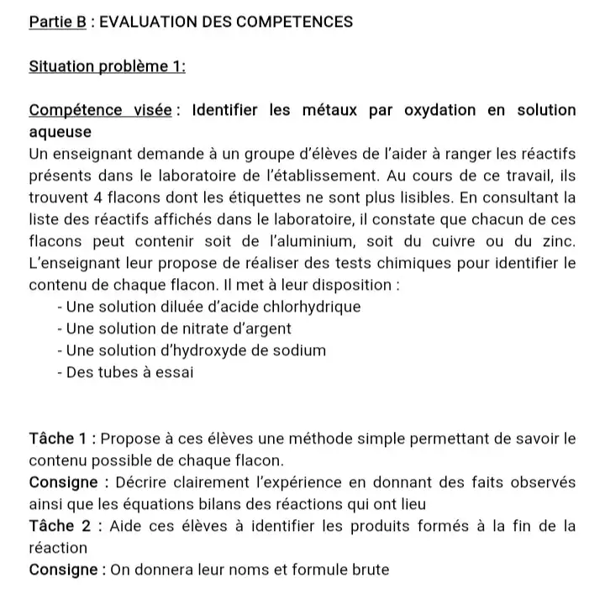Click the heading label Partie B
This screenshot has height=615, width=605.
tap(57, 22)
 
